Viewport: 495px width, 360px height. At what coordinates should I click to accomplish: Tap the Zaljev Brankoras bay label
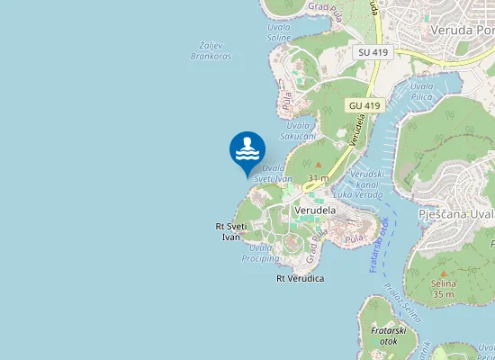[x=211, y=50]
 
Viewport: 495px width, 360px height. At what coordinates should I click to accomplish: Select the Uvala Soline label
[x=279, y=31]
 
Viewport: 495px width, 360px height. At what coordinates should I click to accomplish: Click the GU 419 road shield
[x=364, y=105]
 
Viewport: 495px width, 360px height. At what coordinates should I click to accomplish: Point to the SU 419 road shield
[x=373, y=53]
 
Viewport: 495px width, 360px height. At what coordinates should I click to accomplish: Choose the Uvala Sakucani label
[x=298, y=130]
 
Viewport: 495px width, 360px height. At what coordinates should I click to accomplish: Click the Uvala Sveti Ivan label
[x=273, y=173]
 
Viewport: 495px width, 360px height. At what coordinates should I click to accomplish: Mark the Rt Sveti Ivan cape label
[x=231, y=231]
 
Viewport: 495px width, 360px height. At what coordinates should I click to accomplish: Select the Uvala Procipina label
[x=260, y=252]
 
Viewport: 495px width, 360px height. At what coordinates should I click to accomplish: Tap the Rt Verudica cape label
[x=300, y=279]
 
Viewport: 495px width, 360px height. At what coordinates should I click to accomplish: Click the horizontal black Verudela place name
[x=315, y=210]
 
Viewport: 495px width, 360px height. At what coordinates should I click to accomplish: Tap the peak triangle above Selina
[x=443, y=273]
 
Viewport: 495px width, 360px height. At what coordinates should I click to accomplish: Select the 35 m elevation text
[x=443, y=294]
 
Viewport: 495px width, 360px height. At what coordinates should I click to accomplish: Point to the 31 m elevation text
[x=318, y=179]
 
